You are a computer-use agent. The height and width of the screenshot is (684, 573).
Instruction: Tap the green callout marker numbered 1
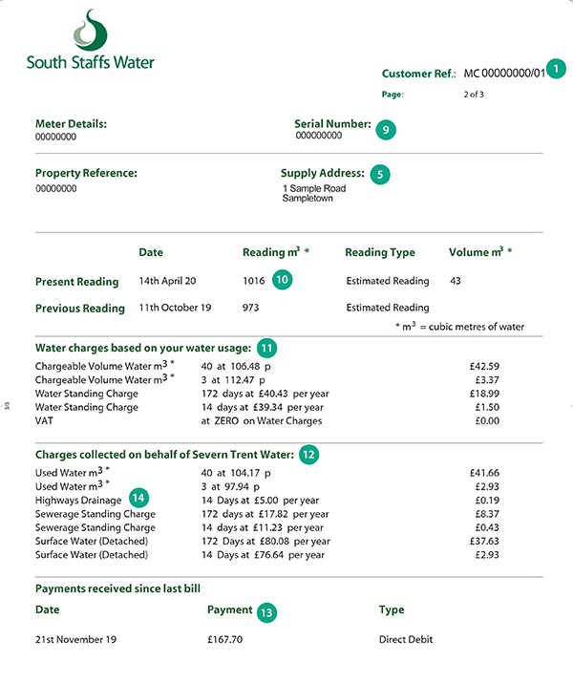[557, 70]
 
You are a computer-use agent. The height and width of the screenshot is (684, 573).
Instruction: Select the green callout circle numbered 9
[385, 128]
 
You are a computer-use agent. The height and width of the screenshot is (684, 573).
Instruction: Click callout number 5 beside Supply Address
[380, 174]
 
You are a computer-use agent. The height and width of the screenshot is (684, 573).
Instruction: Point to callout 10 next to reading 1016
[282, 280]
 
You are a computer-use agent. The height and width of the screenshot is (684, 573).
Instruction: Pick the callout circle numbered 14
[139, 498]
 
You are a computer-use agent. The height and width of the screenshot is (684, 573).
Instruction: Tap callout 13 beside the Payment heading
[266, 611]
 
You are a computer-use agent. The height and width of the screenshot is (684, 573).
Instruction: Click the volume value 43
[455, 282]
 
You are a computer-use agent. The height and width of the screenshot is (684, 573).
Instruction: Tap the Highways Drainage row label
[78, 500]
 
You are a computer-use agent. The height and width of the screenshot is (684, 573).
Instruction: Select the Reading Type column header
[380, 253]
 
